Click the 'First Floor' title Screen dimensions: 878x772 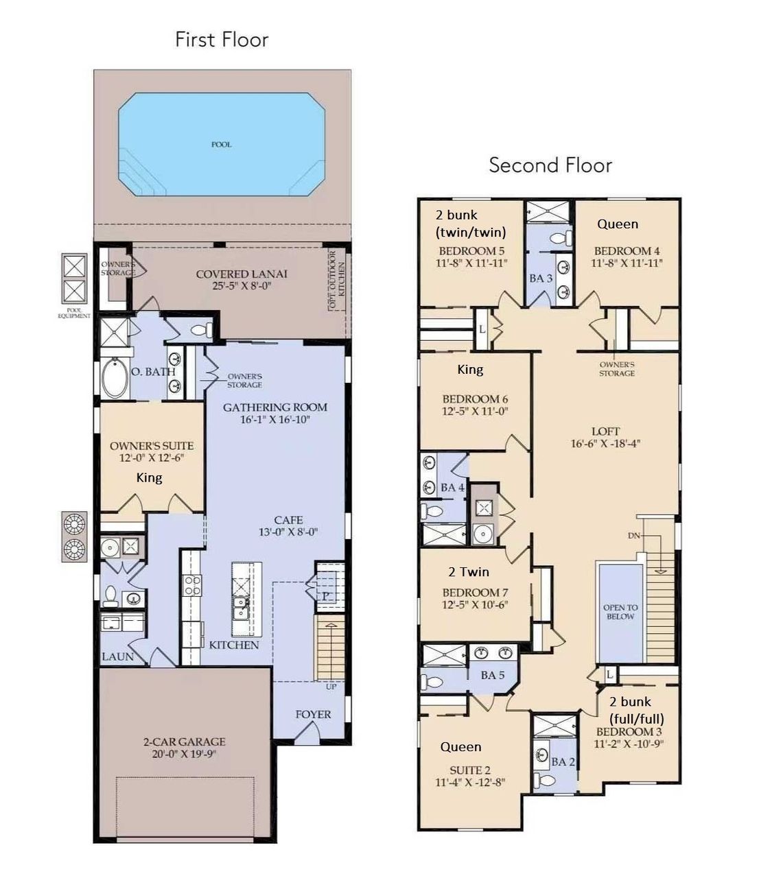221,40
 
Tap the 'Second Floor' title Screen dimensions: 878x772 550,165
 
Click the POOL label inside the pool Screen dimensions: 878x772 221,145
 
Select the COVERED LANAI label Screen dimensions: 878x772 242,274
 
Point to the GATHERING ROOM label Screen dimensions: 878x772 274,407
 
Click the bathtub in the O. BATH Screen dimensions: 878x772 114,378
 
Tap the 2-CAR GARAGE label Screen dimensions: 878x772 184,741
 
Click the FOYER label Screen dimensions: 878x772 313,714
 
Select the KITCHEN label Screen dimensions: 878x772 234,645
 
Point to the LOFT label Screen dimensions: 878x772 605,431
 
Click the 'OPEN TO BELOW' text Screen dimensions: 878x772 620,612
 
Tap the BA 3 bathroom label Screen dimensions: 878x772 541,278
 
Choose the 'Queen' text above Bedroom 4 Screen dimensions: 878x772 617,224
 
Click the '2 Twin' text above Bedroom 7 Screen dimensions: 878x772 469,572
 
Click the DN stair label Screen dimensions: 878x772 633,535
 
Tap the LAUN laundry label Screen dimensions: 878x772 117,656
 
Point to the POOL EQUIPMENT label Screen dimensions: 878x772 73,313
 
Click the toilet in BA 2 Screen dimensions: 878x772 546,780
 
